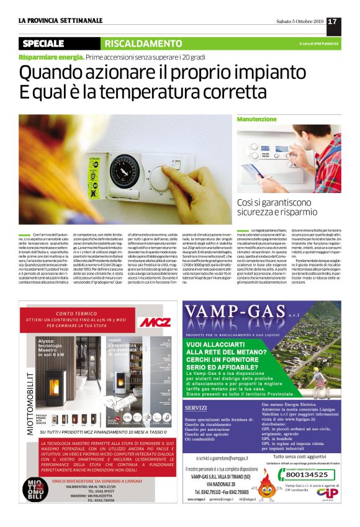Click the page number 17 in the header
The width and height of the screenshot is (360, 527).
pyautogui.click(x=332, y=22)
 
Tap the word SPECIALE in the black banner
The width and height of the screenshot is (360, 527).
pyautogui.click(x=43, y=43)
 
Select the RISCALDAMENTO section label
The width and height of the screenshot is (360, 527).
pyautogui.click(x=143, y=43)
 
